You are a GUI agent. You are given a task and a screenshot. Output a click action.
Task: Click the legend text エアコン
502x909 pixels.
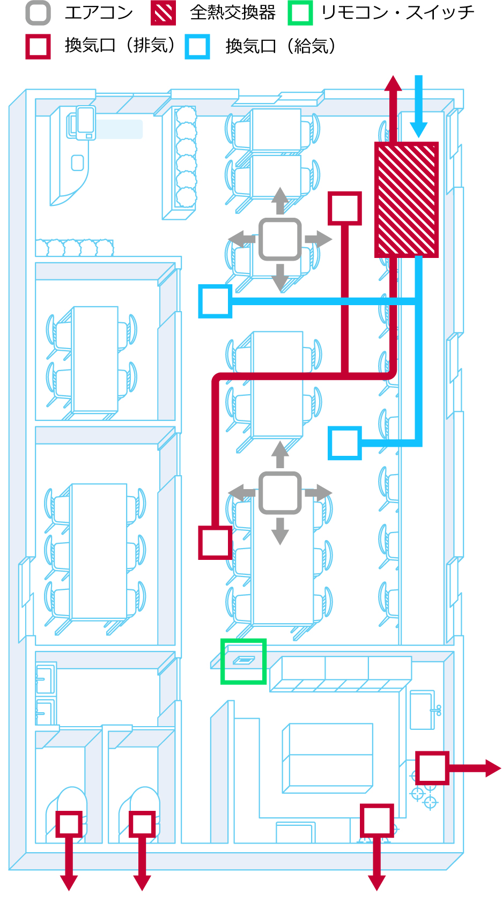coord(99,13)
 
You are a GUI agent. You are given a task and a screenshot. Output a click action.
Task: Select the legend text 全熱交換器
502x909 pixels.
coord(233,13)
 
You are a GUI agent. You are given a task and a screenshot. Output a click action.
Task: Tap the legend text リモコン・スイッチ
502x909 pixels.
coord(397,13)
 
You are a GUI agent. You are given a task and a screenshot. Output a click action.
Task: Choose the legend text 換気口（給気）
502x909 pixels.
coord(280,47)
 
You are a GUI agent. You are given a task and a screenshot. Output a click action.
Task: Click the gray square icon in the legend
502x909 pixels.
coord(38,13)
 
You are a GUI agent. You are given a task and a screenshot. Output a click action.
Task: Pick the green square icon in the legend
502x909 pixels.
coord(300,13)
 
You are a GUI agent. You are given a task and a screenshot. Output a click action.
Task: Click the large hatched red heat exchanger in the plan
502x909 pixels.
coord(407,199)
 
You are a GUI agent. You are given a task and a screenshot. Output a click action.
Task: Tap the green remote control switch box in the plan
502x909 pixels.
coord(243,661)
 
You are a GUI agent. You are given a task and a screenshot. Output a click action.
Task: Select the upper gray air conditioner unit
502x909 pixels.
coord(279,239)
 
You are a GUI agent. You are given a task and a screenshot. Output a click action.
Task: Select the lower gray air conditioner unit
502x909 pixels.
coord(279,493)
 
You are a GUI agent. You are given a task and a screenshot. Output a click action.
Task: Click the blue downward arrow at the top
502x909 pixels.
coord(418,107)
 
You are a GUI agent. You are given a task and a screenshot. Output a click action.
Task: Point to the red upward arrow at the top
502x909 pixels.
coord(393,107)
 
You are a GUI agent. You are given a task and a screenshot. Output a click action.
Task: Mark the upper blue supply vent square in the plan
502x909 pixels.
coord(215,301)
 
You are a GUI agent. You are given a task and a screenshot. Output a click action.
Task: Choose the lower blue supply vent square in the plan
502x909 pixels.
coord(345,443)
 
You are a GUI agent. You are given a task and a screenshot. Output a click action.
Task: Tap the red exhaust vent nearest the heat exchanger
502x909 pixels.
coord(345,208)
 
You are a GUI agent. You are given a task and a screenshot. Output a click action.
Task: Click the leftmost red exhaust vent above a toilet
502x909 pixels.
coord(69,824)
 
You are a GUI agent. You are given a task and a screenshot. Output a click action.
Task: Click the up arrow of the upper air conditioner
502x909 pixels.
coord(279,201)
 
